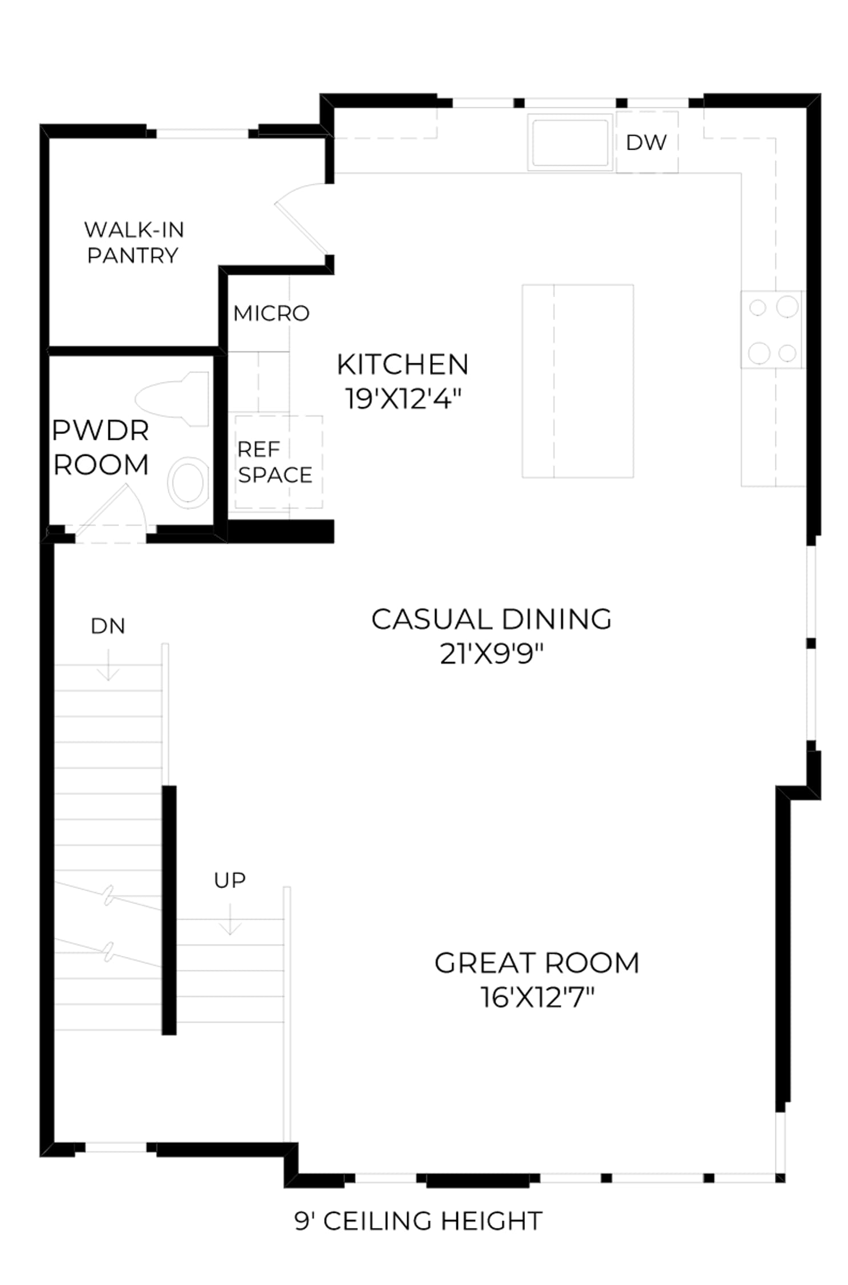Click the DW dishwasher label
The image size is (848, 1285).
tap(645, 142)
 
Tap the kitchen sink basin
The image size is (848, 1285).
tap(569, 142)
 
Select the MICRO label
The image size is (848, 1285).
tap(271, 313)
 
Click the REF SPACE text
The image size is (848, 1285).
tap(275, 462)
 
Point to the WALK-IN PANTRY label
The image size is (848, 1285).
tap(134, 242)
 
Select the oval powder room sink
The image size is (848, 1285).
tap(188, 483)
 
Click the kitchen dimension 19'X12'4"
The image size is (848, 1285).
tap(403, 398)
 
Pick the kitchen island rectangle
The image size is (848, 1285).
tap(577, 381)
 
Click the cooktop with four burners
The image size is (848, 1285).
tap(771, 330)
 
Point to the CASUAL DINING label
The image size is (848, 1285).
tap(491, 619)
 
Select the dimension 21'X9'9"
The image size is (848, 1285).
tap(491, 653)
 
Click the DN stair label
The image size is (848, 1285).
tap(107, 626)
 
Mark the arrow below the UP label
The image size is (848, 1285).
tap(230, 918)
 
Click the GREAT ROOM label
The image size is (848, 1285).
tap(537, 963)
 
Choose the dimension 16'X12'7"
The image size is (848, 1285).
tap(537, 997)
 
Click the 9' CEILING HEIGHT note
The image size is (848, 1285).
tap(418, 1221)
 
